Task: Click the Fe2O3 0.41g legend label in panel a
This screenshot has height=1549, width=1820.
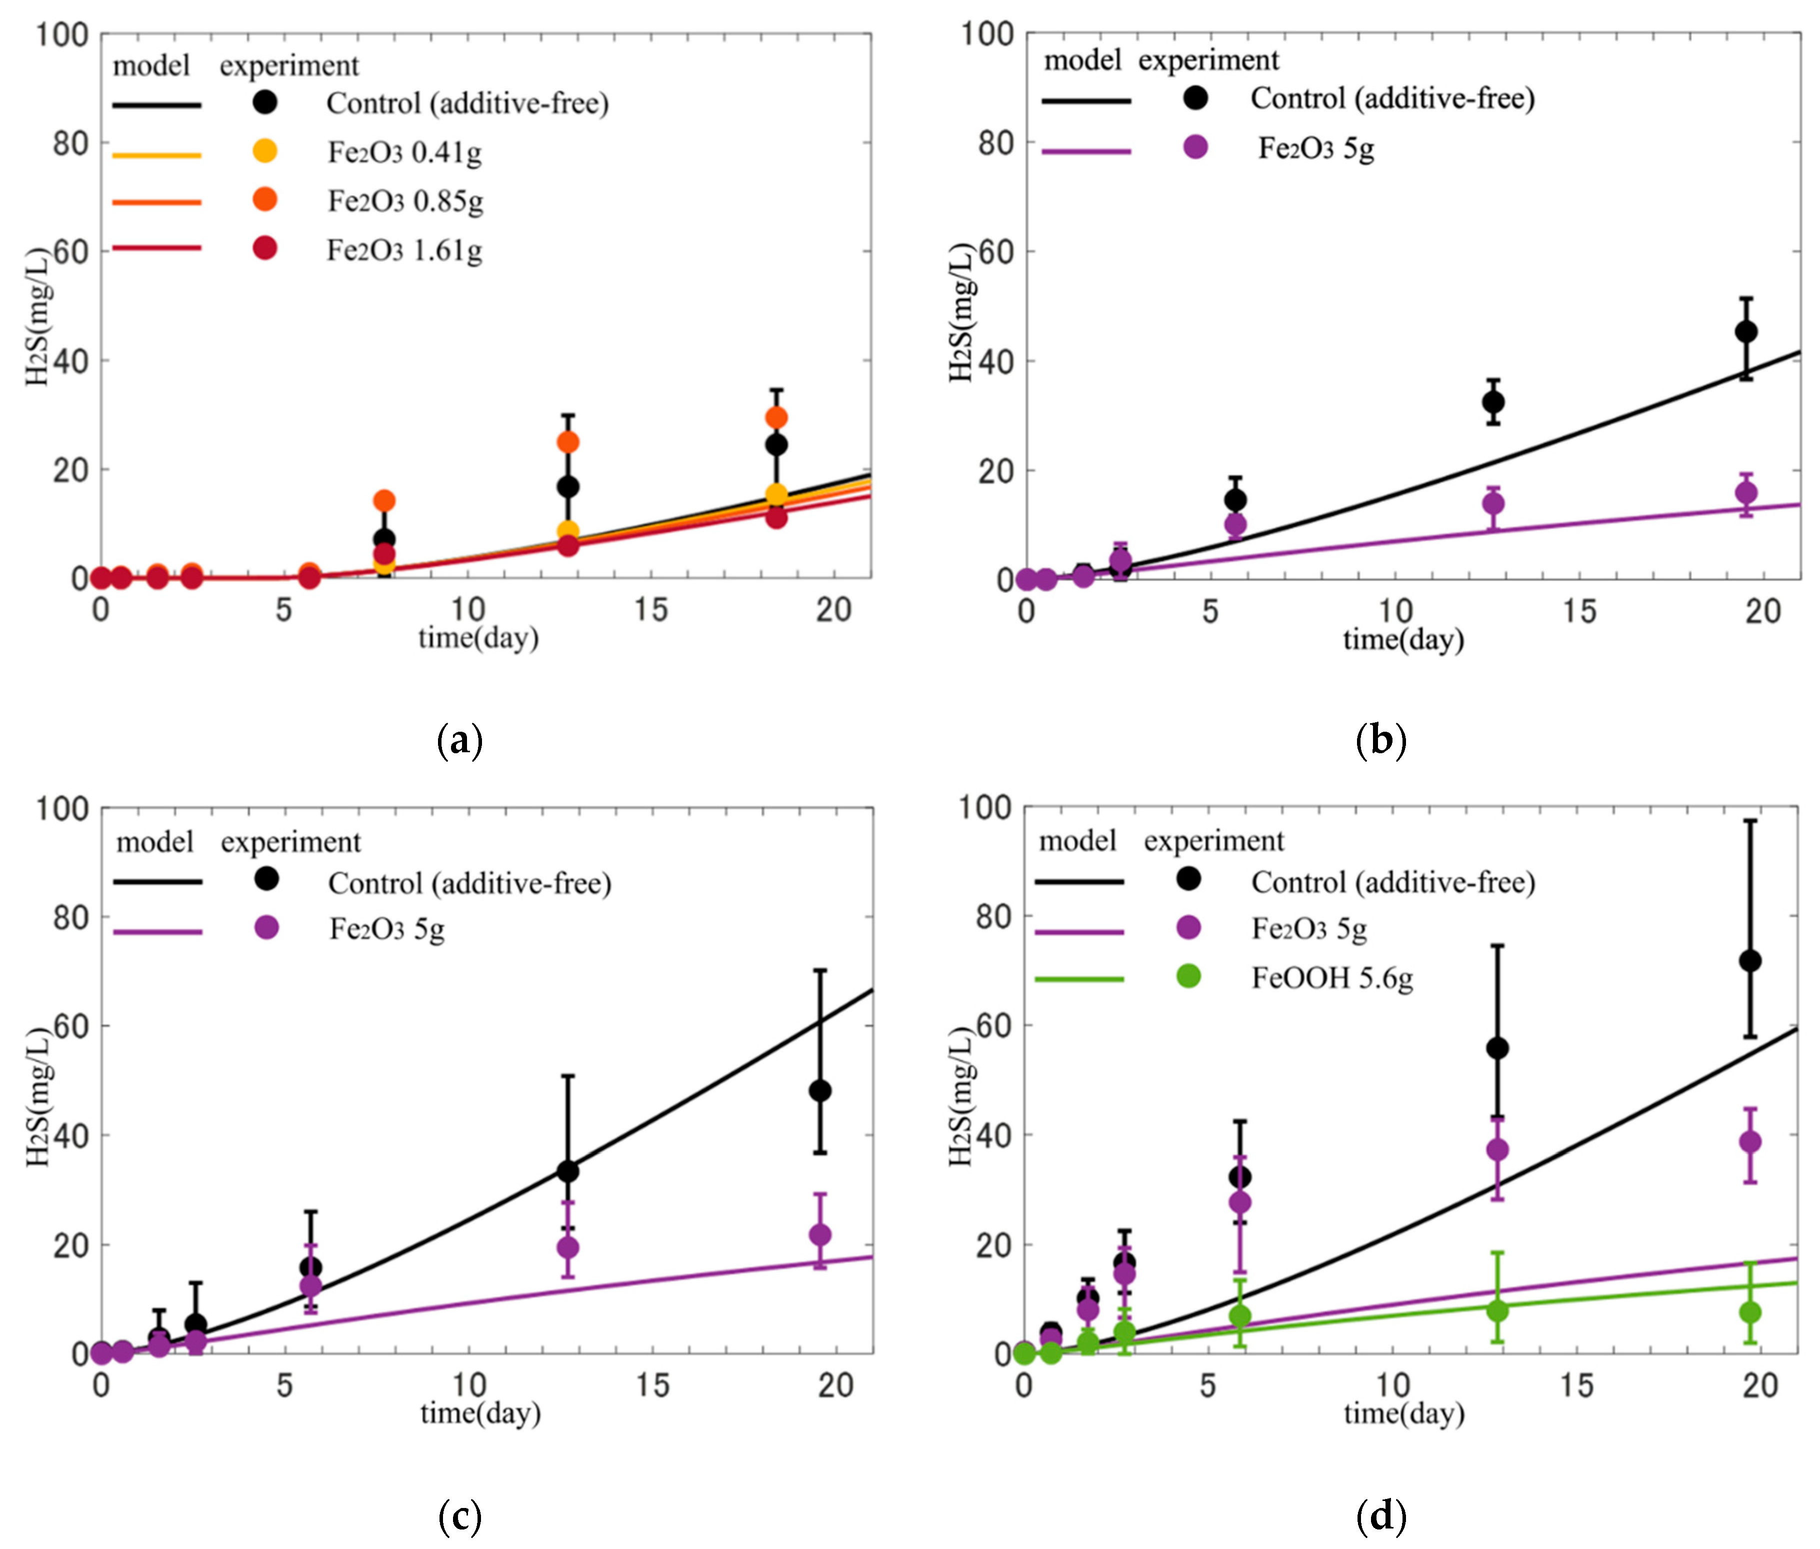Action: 404,153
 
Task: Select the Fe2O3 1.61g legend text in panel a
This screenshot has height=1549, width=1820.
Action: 404,251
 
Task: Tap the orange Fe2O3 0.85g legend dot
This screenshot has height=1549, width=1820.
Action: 264,200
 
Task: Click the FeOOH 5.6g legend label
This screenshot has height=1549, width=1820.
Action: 1332,978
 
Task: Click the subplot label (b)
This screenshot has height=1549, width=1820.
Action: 1381,741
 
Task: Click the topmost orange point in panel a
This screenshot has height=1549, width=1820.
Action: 776,417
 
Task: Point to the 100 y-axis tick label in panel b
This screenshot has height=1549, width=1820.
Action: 987,35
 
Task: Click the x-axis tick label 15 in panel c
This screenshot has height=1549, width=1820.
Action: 651,1385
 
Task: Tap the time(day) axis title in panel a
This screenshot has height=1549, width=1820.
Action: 478,638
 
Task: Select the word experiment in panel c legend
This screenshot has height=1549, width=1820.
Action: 290,842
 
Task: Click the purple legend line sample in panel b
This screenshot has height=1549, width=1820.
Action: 1086,151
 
